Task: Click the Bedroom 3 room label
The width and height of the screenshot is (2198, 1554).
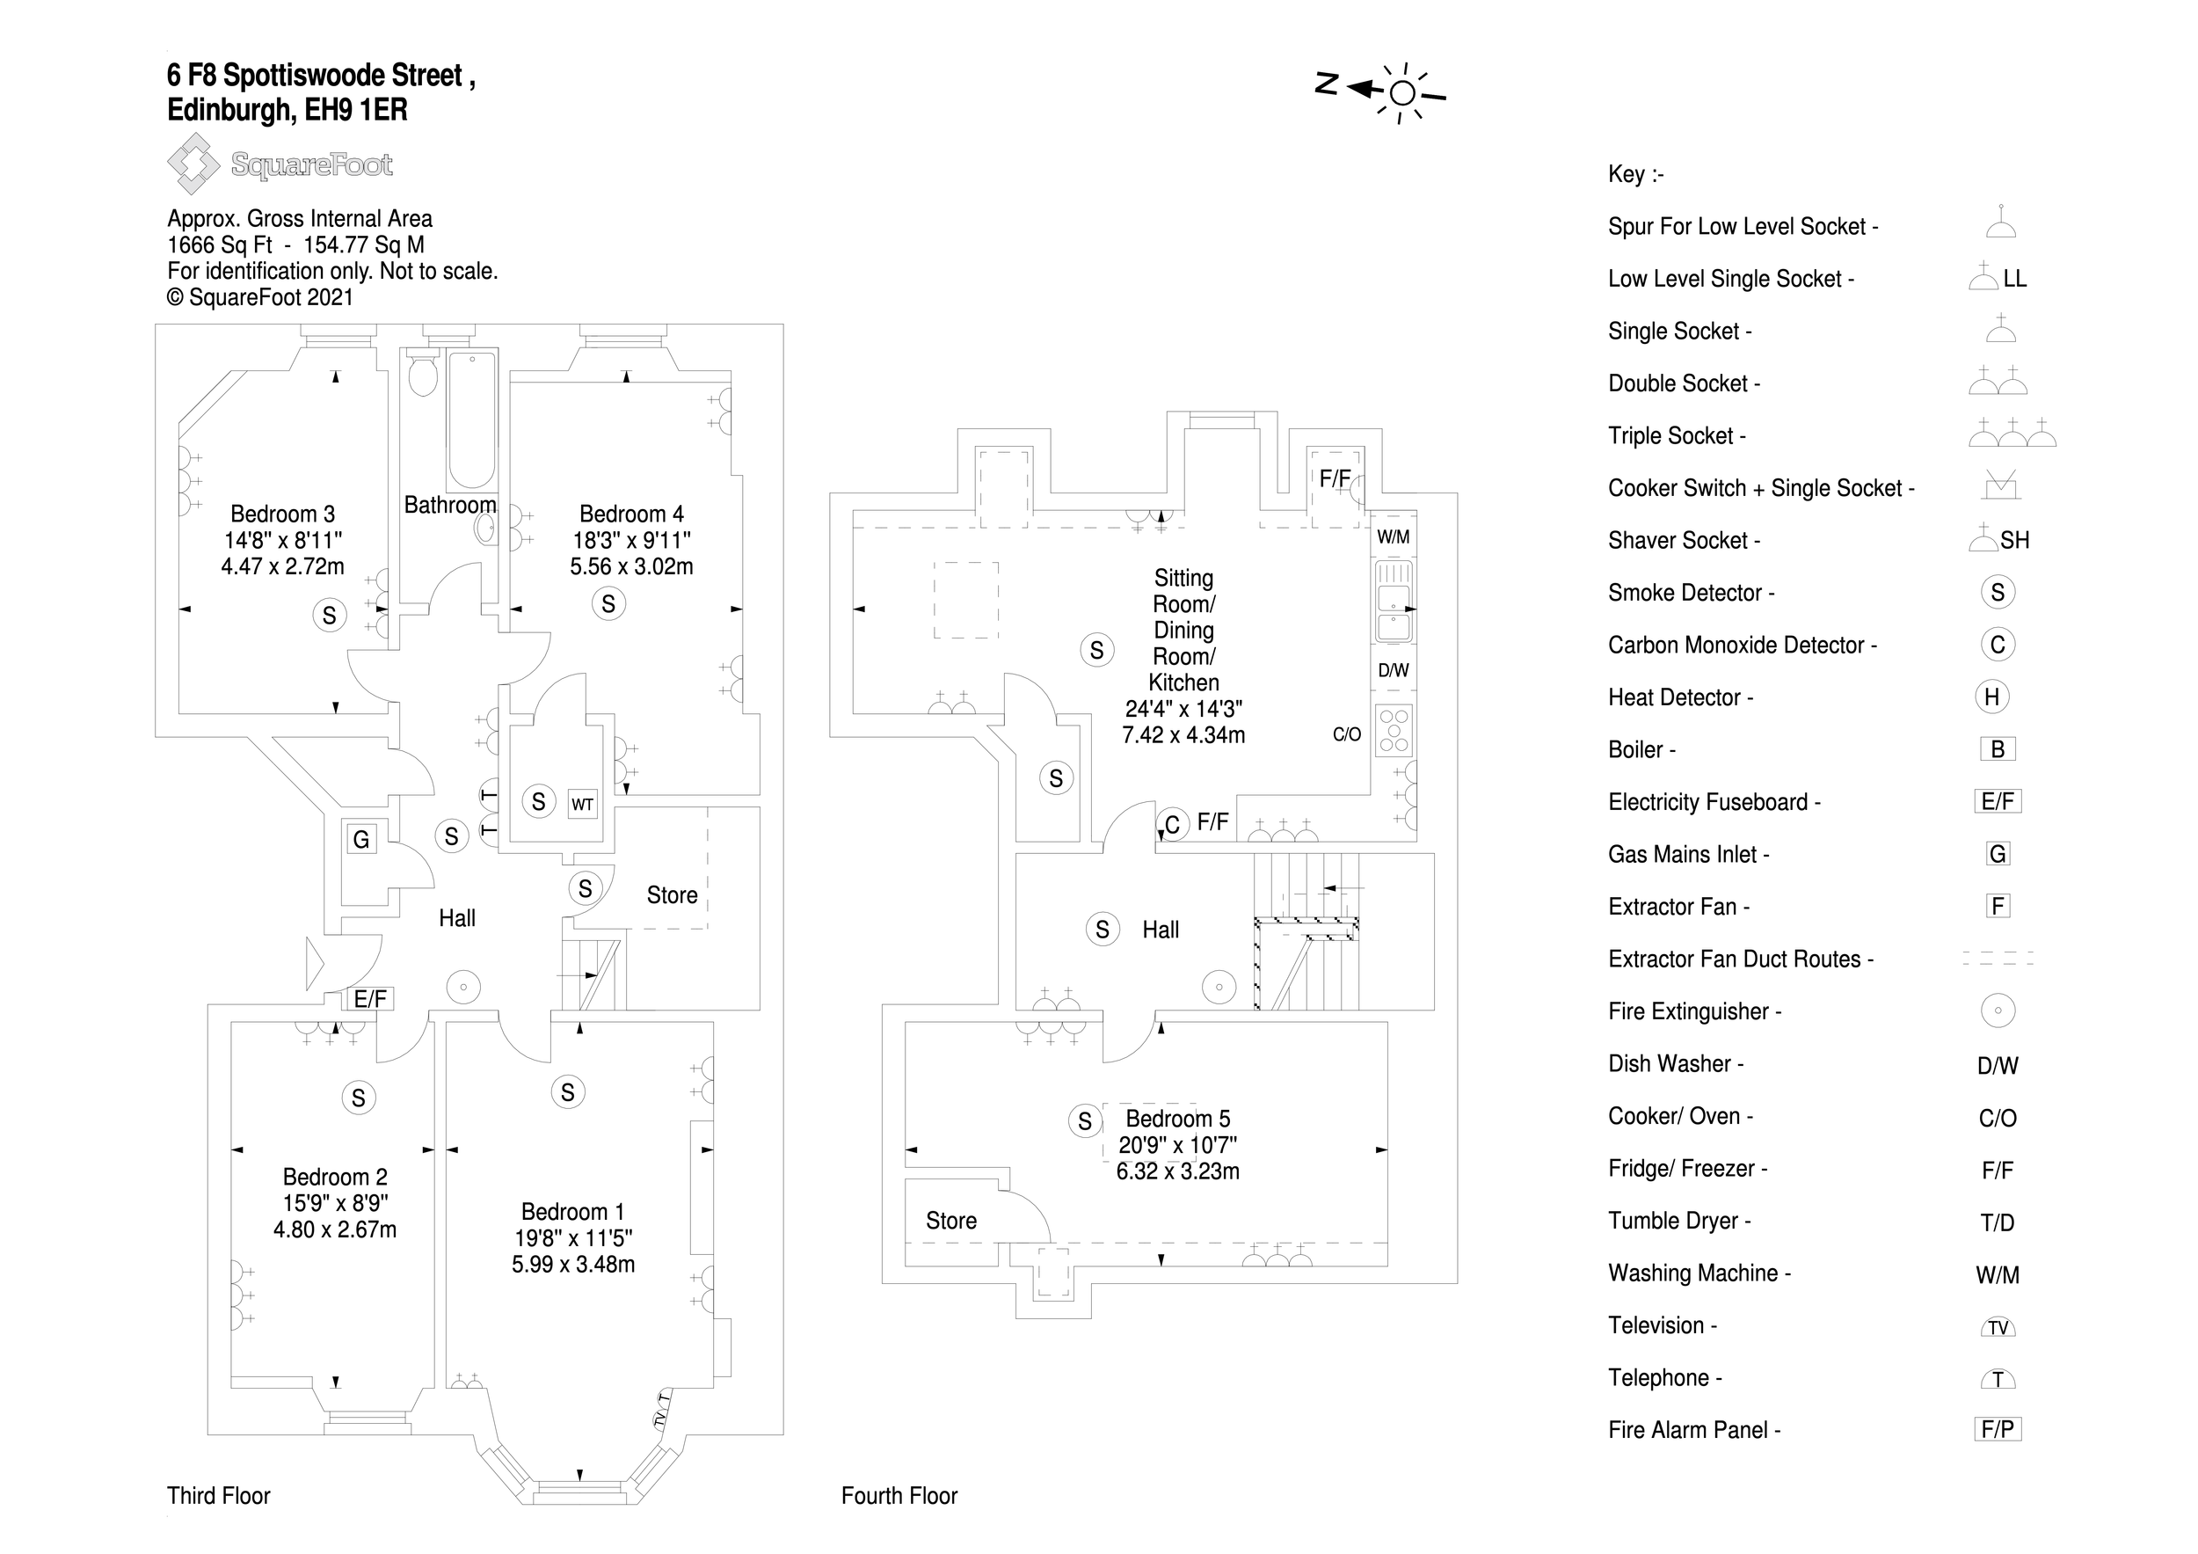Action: pos(282,514)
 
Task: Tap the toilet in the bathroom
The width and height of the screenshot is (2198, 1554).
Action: pos(422,374)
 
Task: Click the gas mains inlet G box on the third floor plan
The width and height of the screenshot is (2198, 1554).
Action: pos(360,840)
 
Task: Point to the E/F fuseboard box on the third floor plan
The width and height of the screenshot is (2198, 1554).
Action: pos(370,1000)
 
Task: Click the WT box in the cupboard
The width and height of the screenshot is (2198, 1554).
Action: pos(582,805)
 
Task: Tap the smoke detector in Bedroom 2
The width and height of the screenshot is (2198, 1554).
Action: pos(358,1098)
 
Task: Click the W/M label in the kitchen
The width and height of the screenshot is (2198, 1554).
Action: pos(1393,537)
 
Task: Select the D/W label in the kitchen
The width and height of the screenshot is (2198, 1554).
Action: pos(1393,670)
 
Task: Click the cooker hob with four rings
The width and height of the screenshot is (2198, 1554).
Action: pos(1394,731)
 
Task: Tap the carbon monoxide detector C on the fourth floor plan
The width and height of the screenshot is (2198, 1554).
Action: pos(1172,824)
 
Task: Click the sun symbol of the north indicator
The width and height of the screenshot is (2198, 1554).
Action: pos(1402,93)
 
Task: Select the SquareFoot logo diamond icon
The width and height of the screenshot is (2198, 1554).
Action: pos(193,164)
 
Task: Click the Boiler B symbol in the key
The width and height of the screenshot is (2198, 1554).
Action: pos(1997,748)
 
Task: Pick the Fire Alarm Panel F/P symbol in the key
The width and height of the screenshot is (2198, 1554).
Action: pos(1997,1429)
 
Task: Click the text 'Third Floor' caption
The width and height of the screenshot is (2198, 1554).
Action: pos(218,1496)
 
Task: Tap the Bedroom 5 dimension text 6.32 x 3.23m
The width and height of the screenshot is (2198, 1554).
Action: pos(1177,1171)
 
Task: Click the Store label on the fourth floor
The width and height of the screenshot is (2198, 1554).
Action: pos(950,1221)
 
